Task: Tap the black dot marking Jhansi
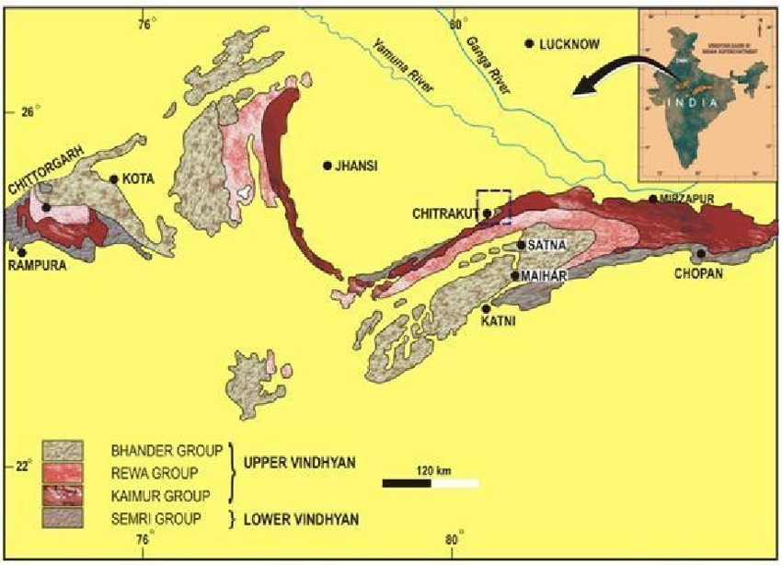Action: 327,166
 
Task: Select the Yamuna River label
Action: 406,64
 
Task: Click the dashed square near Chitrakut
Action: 493,207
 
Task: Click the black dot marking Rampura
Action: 21,251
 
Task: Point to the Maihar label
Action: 543,275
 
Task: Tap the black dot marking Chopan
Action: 701,253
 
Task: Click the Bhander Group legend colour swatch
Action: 62,450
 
